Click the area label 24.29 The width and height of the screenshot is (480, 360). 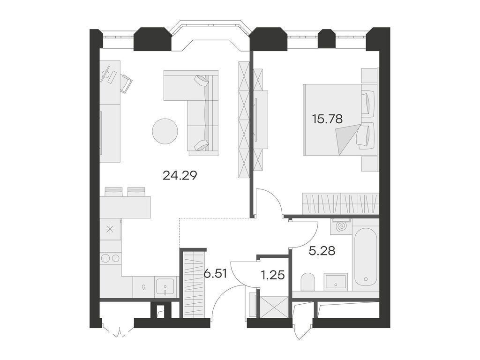tap(180, 176)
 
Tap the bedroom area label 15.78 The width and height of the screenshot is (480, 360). tap(327, 119)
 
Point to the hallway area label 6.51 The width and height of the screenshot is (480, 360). tap(216, 273)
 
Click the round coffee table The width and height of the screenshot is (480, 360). tap(165, 131)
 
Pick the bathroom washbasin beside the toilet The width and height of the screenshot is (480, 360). tap(336, 281)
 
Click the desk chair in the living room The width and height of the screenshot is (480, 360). tap(126, 83)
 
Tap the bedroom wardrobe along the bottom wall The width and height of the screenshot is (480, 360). tap(340, 203)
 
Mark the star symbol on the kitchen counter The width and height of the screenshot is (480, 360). tap(111, 229)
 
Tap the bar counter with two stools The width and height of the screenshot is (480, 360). tap(125, 207)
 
